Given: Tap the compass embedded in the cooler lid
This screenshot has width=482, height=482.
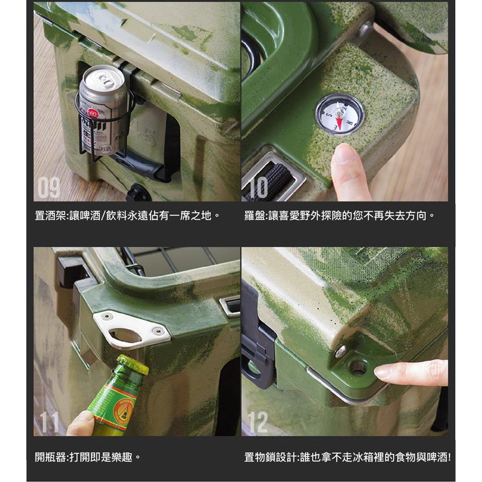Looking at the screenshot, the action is point(339,114).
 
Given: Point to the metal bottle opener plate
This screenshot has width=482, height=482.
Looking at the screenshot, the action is point(132,330).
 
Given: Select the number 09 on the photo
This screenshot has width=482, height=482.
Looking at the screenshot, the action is point(49,188).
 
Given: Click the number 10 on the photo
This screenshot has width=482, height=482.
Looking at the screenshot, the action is point(258,188).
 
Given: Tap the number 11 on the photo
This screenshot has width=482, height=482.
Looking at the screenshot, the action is point(49,422).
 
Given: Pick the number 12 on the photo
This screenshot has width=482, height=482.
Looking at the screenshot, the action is point(258,422).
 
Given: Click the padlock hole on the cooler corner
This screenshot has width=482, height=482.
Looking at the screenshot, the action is point(358,368).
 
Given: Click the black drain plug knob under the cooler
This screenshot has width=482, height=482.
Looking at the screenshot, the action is point(138,193).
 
